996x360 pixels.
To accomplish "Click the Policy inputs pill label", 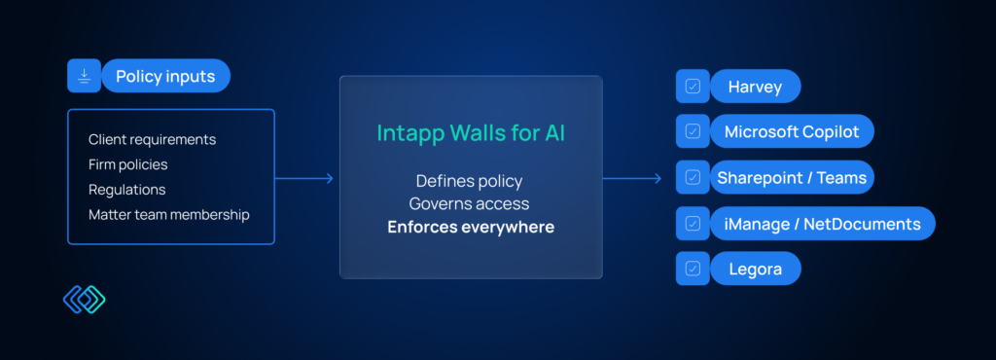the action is pyautogui.click(x=165, y=76).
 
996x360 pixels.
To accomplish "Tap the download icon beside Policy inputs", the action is pyautogui.click(x=84, y=76).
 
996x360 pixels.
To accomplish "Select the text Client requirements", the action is pyautogui.click(x=153, y=139).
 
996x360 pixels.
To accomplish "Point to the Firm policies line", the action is pyautogui.click(x=128, y=164).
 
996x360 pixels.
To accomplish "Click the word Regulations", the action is pyautogui.click(x=127, y=190).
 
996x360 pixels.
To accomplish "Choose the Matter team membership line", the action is pyautogui.click(x=169, y=215).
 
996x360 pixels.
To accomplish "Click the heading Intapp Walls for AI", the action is pyautogui.click(x=471, y=132).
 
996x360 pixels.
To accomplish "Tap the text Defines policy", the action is pyautogui.click(x=470, y=181).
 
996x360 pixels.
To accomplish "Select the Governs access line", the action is pyautogui.click(x=470, y=203).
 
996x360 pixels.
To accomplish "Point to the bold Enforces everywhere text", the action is pyautogui.click(x=471, y=227).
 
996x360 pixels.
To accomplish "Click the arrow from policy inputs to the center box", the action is pyautogui.click(x=304, y=178).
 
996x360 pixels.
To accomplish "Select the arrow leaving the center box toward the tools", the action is pyautogui.click(x=632, y=178).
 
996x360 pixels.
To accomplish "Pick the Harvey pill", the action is pyautogui.click(x=755, y=87).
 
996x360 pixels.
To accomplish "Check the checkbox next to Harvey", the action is pyautogui.click(x=693, y=87).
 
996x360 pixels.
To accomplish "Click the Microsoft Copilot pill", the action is pyautogui.click(x=792, y=132).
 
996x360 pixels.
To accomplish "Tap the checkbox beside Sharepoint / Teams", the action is pyautogui.click(x=693, y=178).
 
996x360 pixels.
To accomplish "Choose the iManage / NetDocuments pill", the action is pyautogui.click(x=823, y=224).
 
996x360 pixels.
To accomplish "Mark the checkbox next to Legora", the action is pyautogui.click(x=693, y=270).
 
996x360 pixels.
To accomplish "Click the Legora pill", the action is pyautogui.click(x=755, y=270).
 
